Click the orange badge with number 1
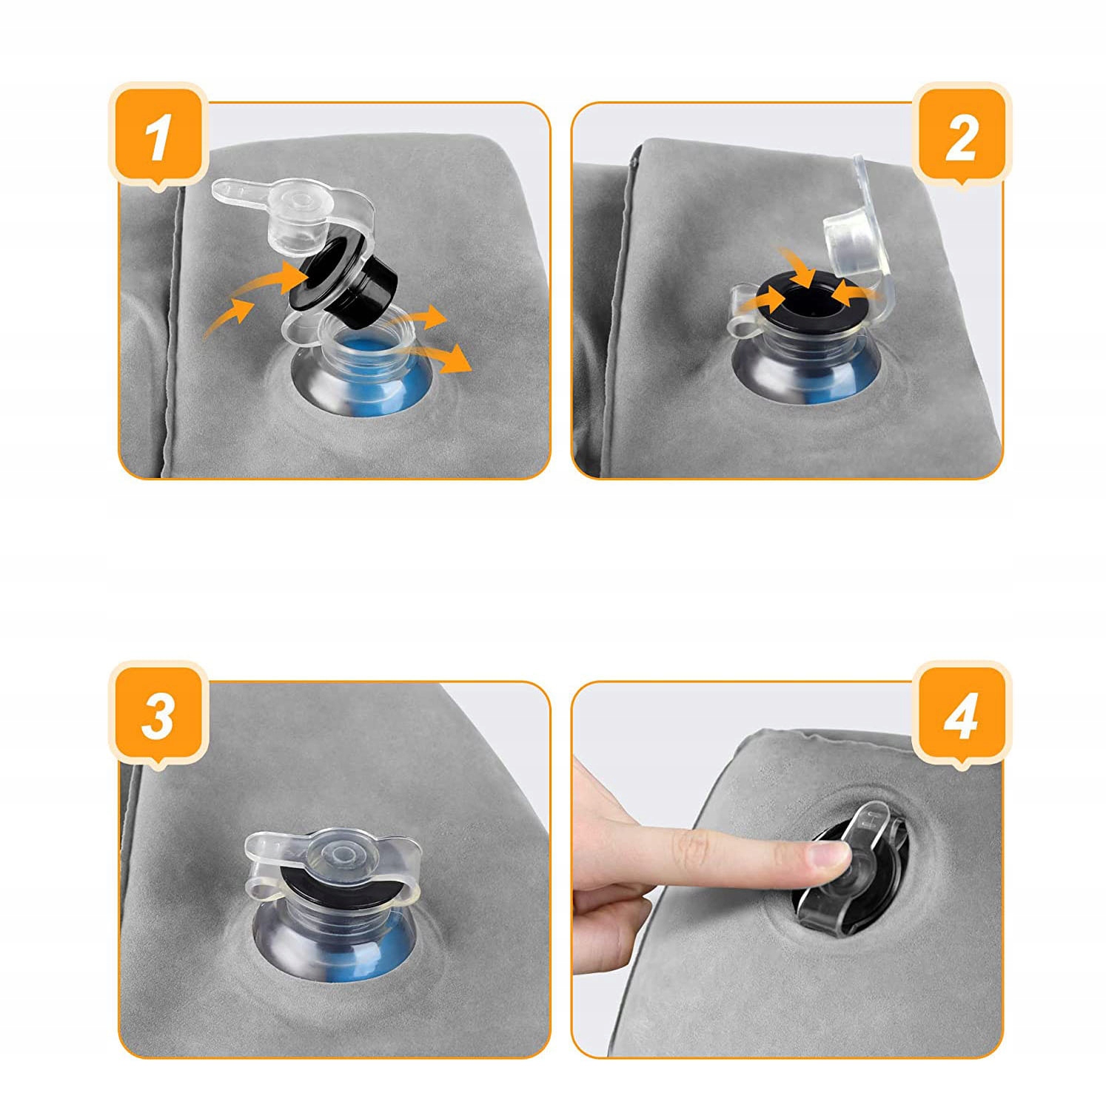(158, 135)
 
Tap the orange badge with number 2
(960, 135)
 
